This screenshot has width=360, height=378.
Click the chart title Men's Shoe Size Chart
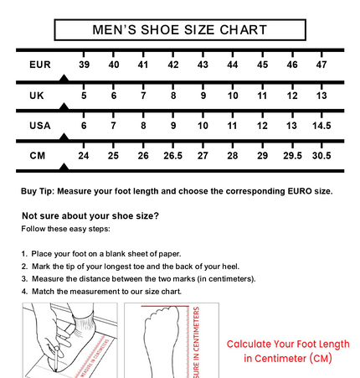180,30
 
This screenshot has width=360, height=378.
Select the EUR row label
40,65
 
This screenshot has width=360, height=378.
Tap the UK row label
37,96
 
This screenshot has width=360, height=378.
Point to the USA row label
40,126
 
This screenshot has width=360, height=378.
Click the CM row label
38,155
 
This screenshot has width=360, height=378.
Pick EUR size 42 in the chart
173,65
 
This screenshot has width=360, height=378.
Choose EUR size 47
321,65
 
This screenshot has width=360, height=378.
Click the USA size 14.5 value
321,126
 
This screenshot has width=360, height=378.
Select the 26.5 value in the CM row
173,155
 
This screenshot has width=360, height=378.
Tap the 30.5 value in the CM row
321,155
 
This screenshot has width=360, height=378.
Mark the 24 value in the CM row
84,155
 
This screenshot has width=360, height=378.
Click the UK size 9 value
203,96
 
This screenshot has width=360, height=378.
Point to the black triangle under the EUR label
64,78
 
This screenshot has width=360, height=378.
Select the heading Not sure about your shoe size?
90,216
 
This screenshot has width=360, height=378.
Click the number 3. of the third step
24,279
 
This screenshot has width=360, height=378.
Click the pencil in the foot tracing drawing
57,359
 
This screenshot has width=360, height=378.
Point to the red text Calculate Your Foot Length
288,344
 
